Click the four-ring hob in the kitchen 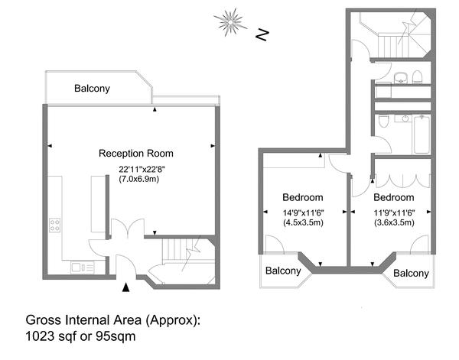(x=54, y=225)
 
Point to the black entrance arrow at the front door (x=125, y=287)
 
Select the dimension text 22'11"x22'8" (x=142, y=169)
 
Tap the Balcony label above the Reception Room (x=92, y=89)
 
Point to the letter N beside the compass (x=262, y=34)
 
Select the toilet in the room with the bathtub (x=382, y=120)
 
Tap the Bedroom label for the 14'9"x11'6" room (x=302, y=196)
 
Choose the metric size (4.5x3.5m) (x=302, y=223)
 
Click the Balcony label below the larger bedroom (x=283, y=271)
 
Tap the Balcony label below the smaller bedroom (x=412, y=274)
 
